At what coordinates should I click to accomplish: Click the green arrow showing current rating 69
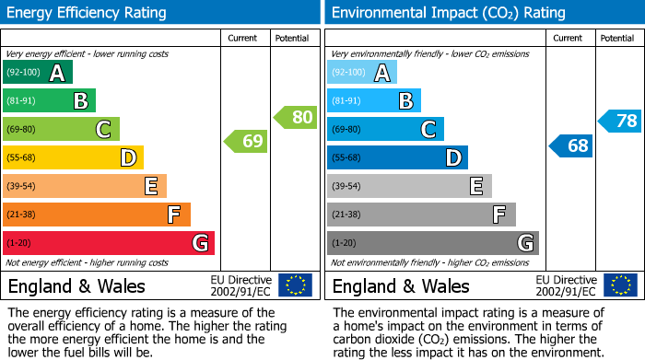click(x=246, y=142)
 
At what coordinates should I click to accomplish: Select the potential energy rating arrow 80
click(x=295, y=117)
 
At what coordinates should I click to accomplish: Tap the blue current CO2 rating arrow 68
click(x=571, y=145)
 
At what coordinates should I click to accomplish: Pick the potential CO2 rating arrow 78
click(x=620, y=121)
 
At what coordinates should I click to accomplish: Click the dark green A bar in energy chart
click(x=37, y=73)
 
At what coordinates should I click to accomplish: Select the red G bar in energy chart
click(x=108, y=243)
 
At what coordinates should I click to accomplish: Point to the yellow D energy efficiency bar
click(x=73, y=158)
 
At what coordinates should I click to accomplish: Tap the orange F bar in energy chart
click(x=96, y=215)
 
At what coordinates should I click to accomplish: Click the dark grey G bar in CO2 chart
click(x=432, y=243)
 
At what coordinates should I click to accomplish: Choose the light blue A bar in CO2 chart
click(x=361, y=73)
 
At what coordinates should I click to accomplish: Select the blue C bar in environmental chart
click(x=385, y=130)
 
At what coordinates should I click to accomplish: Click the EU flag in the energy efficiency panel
click(x=295, y=285)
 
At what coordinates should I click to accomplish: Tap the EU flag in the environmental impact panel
click(x=620, y=285)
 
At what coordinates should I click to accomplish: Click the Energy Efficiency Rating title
click(x=88, y=13)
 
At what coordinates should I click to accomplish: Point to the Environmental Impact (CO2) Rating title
click(x=448, y=13)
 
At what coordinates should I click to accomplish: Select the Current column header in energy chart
click(x=244, y=38)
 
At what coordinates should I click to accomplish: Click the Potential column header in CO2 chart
click(x=616, y=38)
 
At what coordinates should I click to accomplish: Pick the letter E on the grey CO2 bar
click(x=475, y=186)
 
